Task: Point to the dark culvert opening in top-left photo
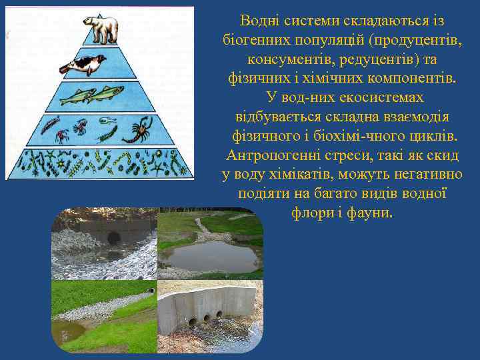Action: click(x=113, y=237)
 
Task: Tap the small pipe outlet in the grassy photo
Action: click(x=151, y=291)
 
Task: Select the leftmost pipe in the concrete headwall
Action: click(x=193, y=321)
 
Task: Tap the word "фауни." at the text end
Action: click(x=372, y=213)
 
